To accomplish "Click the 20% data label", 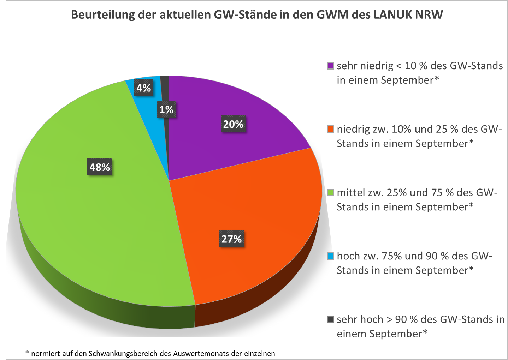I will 233,124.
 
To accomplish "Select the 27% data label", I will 231,239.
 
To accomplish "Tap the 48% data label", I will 100,167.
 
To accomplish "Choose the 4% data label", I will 144,88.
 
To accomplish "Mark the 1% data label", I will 166,109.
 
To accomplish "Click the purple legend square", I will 330,66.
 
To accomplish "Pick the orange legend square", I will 330,129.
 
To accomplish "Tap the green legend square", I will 330,193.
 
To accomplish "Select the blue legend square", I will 330,256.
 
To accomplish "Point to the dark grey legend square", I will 330,319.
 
